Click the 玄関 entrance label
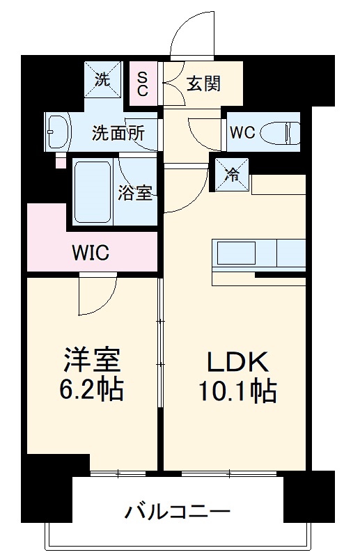click(x=203, y=84)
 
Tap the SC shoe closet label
click(x=142, y=83)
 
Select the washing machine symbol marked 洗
click(x=102, y=79)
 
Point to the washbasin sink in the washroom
click(x=57, y=131)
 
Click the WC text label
click(x=243, y=132)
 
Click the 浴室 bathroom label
click(x=134, y=193)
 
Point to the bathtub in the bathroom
click(x=93, y=192)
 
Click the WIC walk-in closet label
click(x=91, y=251)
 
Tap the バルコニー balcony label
click(x=177, y=514)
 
